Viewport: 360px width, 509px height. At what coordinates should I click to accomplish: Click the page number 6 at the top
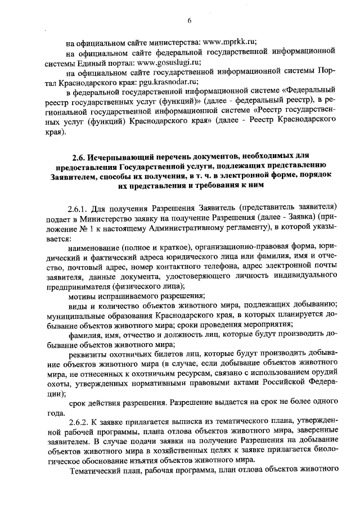190,21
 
